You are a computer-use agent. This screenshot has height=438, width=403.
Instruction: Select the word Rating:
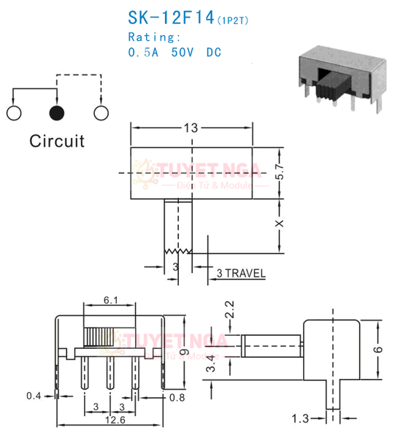point(154,36)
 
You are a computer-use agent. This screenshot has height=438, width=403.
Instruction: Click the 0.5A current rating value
point(144,53)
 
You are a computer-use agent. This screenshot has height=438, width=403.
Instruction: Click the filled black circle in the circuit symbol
point(57,112)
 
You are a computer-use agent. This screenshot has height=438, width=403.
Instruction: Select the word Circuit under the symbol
point(57,141)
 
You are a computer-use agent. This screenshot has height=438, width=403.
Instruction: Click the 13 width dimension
point(191,128)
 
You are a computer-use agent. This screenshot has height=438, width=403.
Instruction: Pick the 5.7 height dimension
point(280,172)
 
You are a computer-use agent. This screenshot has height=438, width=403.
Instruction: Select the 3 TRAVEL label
point(240,274)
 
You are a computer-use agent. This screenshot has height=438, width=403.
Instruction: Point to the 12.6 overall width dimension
point(108,419)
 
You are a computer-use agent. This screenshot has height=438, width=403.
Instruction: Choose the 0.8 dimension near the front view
point(177,399)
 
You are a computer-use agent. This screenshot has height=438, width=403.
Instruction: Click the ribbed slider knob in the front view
point(101,337)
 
